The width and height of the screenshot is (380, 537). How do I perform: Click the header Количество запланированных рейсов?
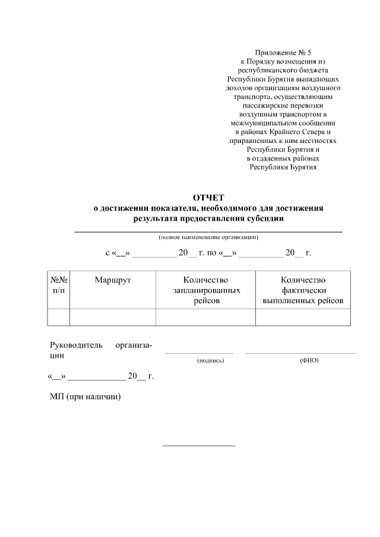coord(206,290)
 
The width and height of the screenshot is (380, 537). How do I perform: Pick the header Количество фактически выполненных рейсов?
coord(303,290)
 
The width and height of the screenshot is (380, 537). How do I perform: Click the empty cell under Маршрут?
coord(113,317)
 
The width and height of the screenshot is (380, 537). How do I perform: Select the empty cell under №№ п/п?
coord(58,317)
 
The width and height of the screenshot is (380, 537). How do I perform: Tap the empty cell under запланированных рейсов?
coord(206,317)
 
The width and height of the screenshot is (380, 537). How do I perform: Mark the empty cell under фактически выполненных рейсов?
coord(303,317)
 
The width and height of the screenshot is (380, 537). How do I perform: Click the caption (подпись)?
coord(210,360)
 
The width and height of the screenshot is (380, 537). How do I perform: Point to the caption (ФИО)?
coord(309,360)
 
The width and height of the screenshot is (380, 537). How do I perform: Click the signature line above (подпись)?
coord(199,353)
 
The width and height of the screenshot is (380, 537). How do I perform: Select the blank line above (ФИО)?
coord(300,353)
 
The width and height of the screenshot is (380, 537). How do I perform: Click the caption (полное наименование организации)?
coord(208,237)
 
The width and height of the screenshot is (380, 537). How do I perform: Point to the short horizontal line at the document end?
coord(199,445)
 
